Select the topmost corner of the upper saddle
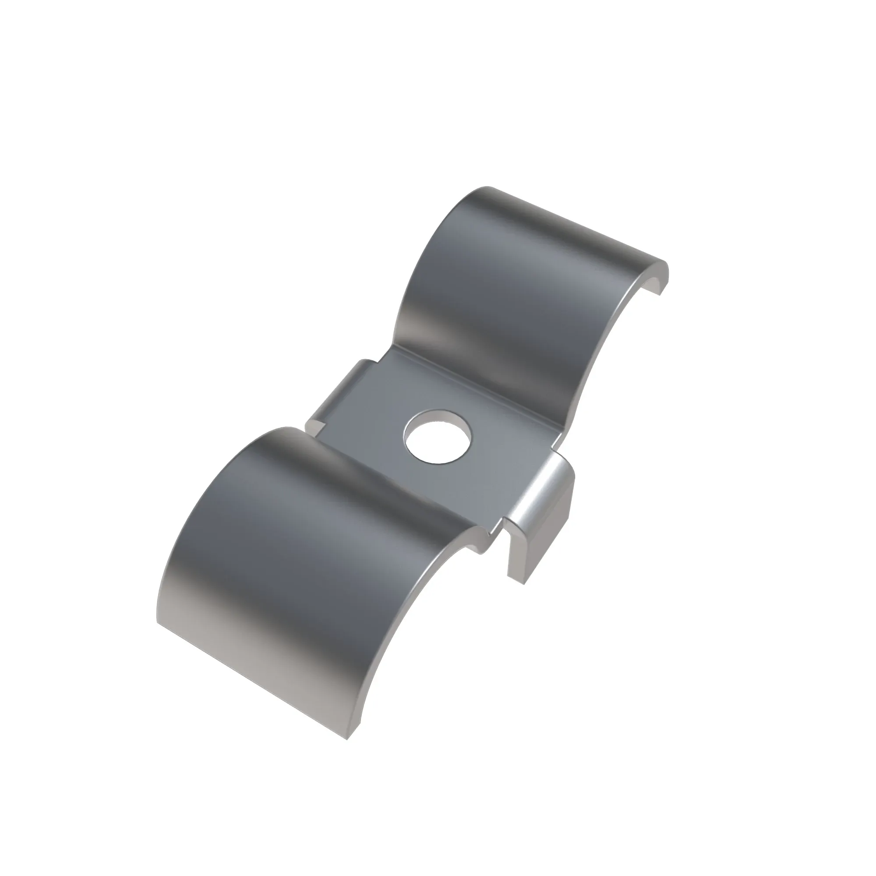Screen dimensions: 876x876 [x=487, y=187]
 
